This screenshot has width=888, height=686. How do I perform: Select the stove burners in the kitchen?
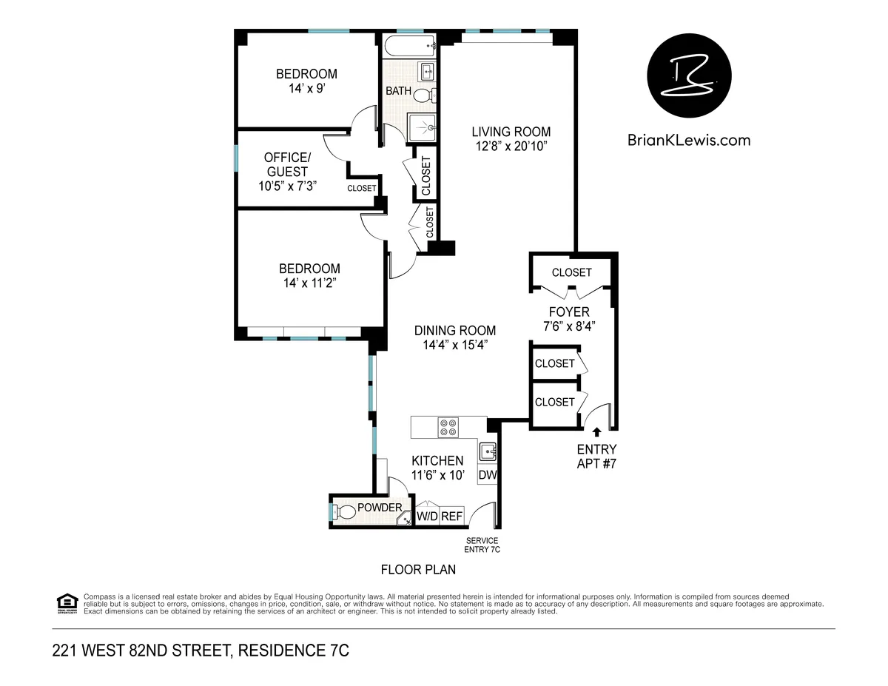pos(448,428)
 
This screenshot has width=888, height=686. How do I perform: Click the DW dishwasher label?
pos(487,475)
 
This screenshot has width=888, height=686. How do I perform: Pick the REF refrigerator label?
pos(452,517)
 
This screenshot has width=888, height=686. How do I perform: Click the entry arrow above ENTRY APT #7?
pos(596,431)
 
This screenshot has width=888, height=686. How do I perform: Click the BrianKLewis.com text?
pos(688,140)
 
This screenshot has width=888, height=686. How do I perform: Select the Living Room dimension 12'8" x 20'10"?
pos(511,147)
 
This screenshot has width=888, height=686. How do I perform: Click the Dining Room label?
pos(454,331)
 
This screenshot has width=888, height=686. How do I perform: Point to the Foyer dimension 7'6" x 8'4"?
pos(569,326)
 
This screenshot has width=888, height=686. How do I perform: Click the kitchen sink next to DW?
pos(488,451)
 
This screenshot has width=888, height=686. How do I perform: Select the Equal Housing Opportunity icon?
pos(67,604)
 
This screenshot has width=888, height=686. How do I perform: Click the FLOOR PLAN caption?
pos(418,570)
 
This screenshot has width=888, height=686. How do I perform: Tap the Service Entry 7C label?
pos(481,545)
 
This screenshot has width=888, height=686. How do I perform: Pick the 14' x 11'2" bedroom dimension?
pos(309,283)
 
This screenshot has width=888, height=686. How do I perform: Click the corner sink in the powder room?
pos(405,519)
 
